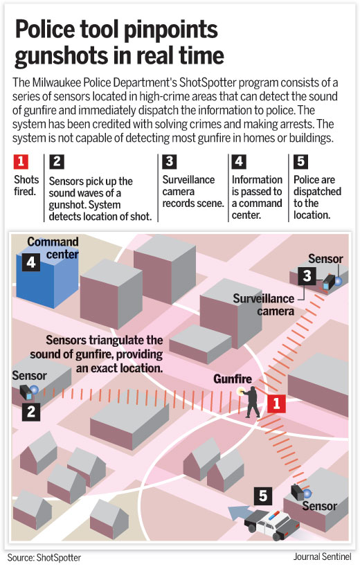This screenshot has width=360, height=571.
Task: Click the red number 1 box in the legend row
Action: [21, 162]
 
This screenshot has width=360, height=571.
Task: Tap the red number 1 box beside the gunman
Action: [276, 403]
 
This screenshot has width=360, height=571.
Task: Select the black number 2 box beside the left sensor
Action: [31, 412]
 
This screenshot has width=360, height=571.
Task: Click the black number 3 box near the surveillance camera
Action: [307, 276]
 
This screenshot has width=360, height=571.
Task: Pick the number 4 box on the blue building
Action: [31, 262]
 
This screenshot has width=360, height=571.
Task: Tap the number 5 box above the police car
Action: [262, 496]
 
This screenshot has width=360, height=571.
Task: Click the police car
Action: [271, 525]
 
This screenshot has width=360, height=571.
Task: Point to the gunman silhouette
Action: [251, 401]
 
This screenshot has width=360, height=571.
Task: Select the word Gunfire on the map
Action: [233, 379]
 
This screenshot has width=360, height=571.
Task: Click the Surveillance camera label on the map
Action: [264, 305]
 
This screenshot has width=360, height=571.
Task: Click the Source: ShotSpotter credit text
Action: [44, 558]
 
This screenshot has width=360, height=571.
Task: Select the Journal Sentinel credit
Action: [323, 556]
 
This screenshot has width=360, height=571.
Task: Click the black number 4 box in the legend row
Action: [239, 162]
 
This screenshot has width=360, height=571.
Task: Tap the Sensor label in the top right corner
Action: [325, 259]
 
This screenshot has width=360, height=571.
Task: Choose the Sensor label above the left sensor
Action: [29, 375]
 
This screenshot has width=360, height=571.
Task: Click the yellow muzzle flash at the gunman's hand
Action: [240, 392]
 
